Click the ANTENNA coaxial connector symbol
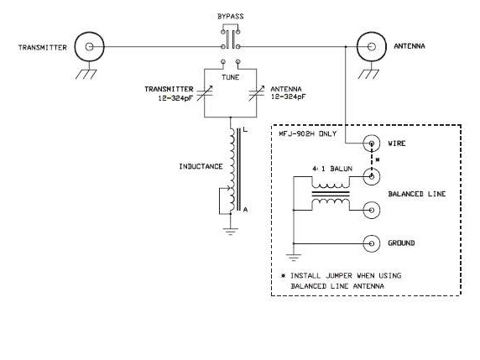click(x=370, y=46)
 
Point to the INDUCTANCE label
click(x=200, y=166)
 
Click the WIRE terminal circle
click(x=370, y=143)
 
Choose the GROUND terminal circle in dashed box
click(x=370, y=243)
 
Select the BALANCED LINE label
click(x=417, y=194)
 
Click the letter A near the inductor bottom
click(x=245, y=211)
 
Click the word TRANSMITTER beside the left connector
click(x=42, y=47)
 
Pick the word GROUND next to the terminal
click(x=403, y=244)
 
